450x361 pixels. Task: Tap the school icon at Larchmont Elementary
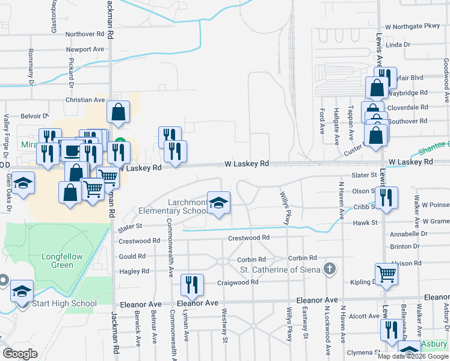tap(219, 202)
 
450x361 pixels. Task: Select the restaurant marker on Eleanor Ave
tap(192, 285)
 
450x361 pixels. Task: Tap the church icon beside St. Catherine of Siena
tap(329, 268)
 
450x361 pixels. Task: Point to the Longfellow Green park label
tap(62, 261)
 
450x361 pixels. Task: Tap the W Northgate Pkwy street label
tap(413, 27)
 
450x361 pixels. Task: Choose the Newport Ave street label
tap(85, 49)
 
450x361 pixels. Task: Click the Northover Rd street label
tap(85, 34)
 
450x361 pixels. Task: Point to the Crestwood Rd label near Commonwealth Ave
tap(140, 240)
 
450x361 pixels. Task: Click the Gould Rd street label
tap(133, 256)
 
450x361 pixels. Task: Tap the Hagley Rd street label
tap(134, 271)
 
